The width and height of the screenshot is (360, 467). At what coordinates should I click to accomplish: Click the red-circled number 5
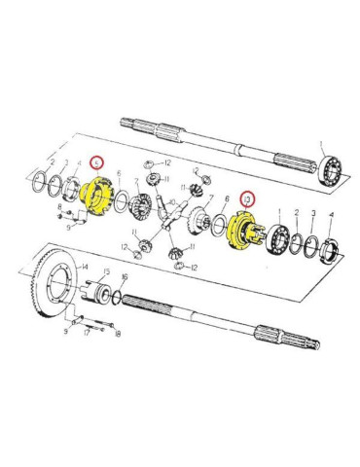coord(95,163)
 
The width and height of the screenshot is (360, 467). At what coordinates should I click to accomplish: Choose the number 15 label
coord(106,273)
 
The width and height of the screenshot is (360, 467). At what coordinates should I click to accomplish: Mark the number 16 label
coord(124,278)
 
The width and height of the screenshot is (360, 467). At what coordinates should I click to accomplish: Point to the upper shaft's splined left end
coord(132,124)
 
